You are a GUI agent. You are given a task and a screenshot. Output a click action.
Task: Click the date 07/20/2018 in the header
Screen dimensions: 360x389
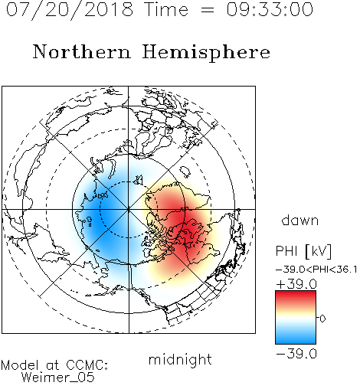(x=70, y=9)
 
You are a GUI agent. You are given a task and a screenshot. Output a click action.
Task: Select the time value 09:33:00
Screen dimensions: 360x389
(x=270, y=9)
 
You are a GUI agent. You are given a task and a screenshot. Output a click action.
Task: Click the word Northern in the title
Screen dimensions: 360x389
(x=82, y=51)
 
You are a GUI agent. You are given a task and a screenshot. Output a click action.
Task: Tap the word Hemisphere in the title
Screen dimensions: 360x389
(x=206, y=53)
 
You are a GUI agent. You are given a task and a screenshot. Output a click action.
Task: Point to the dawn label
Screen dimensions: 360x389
(x=300, y=220)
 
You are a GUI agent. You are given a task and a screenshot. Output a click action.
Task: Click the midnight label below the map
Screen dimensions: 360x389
(x=180, y=359)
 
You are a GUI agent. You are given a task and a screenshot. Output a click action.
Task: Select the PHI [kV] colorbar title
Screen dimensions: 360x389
(x=304, y=251)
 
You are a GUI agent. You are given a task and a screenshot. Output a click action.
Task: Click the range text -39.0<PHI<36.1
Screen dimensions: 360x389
(x=316, y=270)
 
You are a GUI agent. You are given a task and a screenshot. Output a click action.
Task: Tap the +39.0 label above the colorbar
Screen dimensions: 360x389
(x=296, y=284)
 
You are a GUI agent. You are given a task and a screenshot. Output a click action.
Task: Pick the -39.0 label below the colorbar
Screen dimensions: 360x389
(x=296, y=354)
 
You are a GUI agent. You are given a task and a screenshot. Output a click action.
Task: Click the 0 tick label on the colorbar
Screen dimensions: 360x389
(x=322, y=319)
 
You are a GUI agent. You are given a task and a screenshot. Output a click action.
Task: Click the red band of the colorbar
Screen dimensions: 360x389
(x=296, y=297)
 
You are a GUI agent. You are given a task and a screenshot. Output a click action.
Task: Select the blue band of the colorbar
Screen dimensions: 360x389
(x=296, y=336)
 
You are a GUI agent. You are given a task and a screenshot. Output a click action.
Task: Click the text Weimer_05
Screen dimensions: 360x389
(x=57, y=377)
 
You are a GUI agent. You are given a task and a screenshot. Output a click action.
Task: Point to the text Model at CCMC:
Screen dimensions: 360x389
(x=54, y=365)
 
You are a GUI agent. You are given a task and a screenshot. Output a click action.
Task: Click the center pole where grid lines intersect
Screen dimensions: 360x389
(x=129, y=209)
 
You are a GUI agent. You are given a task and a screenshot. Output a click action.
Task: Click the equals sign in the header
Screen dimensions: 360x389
(x=207, y=10)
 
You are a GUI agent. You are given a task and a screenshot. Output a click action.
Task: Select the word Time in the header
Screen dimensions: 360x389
(x=166, y=9)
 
